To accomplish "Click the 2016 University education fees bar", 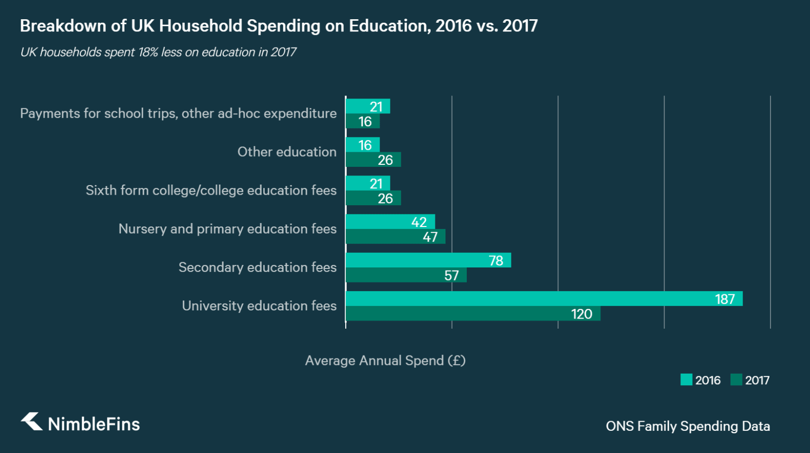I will [544, 299].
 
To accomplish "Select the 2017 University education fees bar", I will [473, 314].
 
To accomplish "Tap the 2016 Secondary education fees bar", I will [428, 260].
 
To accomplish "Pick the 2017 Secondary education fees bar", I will [406, 276].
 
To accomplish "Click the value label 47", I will [430, 237].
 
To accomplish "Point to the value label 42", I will [419, 222].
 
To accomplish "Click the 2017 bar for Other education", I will [373, 160].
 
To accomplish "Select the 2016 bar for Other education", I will [362, 145].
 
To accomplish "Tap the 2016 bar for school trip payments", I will [368, 107].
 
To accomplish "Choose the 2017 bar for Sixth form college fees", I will [373, 198].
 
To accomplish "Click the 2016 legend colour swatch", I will [686, 380].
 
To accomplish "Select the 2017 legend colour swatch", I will [736, 380].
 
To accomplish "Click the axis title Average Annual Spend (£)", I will [385, 360].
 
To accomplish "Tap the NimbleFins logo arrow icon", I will [32, 422].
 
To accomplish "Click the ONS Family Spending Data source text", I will [687, 426].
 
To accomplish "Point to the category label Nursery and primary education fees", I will [227, 229].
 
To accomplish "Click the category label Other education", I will [287, 152].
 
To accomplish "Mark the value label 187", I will [724, 299].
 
